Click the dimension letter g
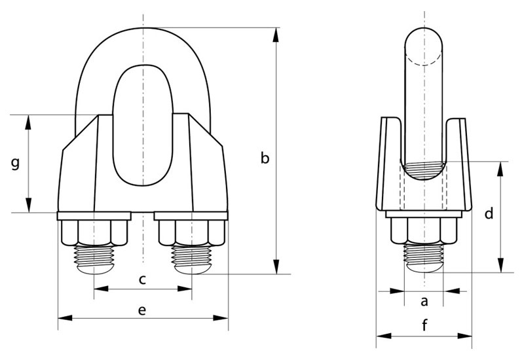click(15, 163)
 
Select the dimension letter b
click(265, 158)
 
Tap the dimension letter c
click(142, 279)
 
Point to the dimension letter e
click(142, 310)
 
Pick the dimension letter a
click(424, 301)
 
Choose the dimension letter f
click(424, 325)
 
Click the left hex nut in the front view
click(94, 233)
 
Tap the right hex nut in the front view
click(192, 233)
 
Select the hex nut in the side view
click(424, 230)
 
